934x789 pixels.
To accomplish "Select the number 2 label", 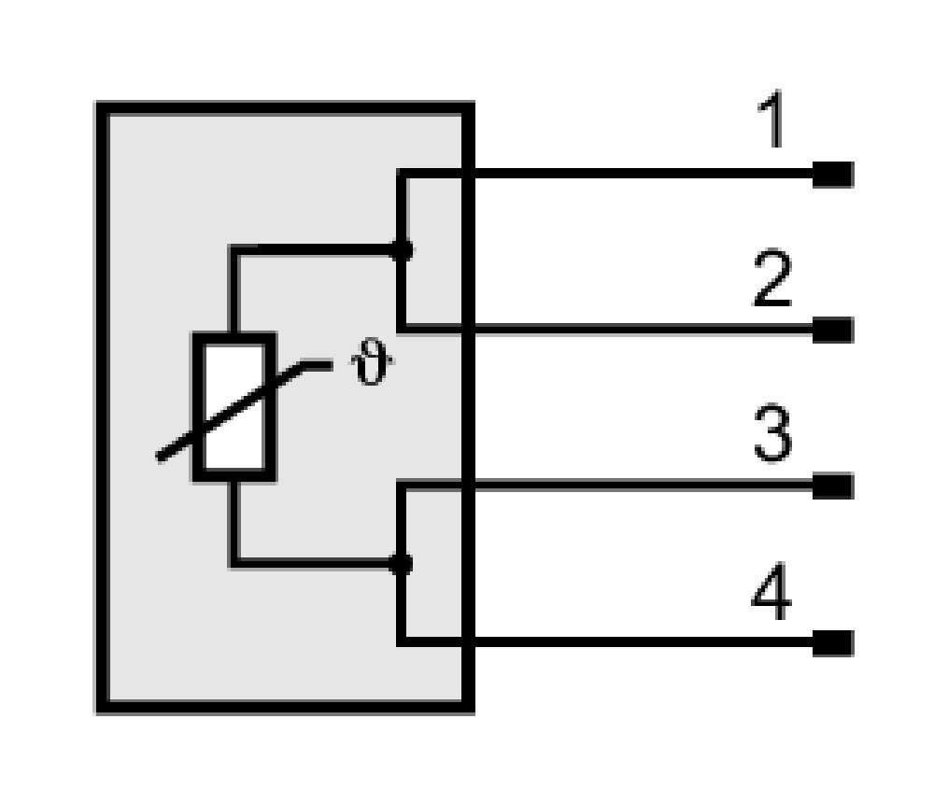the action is [x=772, y=278].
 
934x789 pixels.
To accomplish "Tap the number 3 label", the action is [x=772, y=433].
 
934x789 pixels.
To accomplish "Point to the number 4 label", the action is [x=771, y=592].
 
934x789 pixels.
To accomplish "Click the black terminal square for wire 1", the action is [x=833, y=174].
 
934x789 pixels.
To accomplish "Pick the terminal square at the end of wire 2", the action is [x=833, y=330].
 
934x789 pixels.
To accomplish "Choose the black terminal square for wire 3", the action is [x=833, y=486].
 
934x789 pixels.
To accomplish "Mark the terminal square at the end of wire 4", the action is [x=833, y=643].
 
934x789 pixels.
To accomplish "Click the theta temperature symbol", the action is [x=372, y=360].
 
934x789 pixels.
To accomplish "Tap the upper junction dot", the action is [x=402, y=250].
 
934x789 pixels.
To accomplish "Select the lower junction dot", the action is [x=401, y=563].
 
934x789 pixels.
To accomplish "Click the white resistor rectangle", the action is [x=234, y=407].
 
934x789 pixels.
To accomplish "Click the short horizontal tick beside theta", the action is [x=317, y=365].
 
